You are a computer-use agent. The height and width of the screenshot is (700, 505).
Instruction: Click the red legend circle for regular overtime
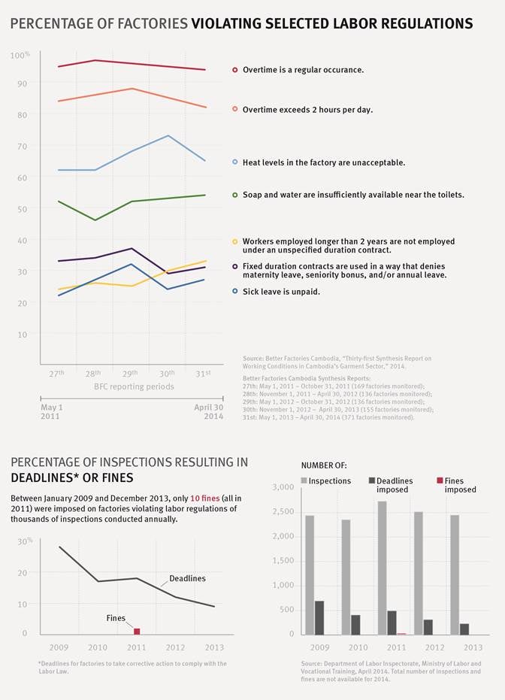(235, 70)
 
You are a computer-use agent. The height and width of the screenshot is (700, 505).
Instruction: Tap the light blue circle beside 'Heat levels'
(235, 162)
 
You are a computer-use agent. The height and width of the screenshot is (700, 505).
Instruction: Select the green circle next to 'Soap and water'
(235, 195)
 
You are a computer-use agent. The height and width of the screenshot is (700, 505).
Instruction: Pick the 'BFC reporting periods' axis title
(134, 386)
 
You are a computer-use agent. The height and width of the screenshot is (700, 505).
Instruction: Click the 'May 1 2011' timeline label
(52, 411)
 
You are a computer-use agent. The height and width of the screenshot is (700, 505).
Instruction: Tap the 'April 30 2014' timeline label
(208, 411)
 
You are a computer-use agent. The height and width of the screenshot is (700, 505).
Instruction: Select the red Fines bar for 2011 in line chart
(137, 631)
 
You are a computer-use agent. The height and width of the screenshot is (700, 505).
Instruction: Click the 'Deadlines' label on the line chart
(187, 578)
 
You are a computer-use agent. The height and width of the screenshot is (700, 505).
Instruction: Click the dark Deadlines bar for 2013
(464, 629)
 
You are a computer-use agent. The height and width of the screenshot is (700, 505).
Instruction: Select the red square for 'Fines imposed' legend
(440, 480)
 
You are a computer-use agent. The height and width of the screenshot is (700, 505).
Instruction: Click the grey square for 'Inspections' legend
(304, 480)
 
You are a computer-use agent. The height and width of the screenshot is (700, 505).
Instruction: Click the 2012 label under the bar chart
(435, 647)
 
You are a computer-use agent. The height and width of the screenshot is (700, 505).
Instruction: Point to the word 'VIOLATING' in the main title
(227, 24)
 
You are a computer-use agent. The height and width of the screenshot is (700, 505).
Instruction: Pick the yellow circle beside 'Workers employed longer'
(235, 241)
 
